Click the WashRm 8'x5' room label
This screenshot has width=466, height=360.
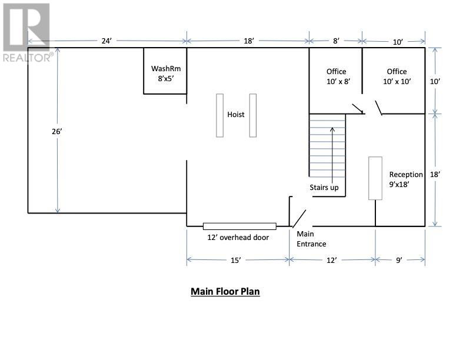point(166,74)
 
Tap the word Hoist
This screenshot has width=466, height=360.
point(236,114)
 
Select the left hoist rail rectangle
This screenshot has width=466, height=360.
point(219,115)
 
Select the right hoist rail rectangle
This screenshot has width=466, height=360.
point(253,115)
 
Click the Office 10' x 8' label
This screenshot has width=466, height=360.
point(338,76)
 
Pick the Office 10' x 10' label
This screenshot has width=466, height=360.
point(397,76)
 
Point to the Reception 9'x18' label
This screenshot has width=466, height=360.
point(406,179)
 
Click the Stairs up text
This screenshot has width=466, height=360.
point(324,188)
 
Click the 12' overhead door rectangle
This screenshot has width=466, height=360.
point(239,226)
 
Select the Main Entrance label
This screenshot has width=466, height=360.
point(311,239)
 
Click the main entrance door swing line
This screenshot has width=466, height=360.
point(299,219)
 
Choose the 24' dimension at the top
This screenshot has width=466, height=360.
point(106,41)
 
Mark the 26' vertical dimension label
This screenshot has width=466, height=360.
point(56,131)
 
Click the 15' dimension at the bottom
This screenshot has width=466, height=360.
point(235,260)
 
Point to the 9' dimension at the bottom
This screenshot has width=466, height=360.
point(399,260)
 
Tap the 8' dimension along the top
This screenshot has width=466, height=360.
point(336,41)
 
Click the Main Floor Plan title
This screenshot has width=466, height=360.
point(225,291)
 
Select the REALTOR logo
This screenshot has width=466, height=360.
point(26,33)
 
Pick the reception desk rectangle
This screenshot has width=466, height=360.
point(375,178)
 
